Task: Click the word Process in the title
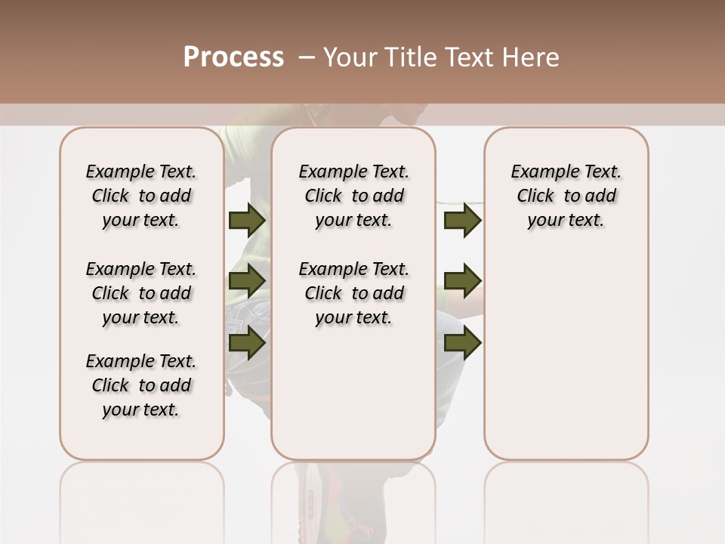pyautogui.click(x=233, y=57)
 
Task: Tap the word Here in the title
pyautogui.click(x=532, y=57)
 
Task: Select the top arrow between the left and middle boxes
pyautogui.click(x=246, y=220)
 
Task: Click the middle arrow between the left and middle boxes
pyautogui.click(x=246, y=281)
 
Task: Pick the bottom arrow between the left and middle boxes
pyautogui.click(x=246, y=342)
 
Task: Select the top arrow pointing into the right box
pyautogui.click(x=462, y=220)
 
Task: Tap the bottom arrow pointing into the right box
pyautogui.click(x=462, y=342)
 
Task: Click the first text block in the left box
pyautogui.click(x=140, y=196)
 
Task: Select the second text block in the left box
pyautogui.click(x=140, y=293)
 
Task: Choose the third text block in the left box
pyautogui.click(x=140, y=385)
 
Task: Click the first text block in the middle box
pyautogui.click(x=353, y=196)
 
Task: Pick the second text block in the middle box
pyautogui.click(x=353, y=293)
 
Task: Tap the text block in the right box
pyautogui.click(x=566, y=196)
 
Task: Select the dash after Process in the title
pyautogui.click(x=306, y=57)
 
